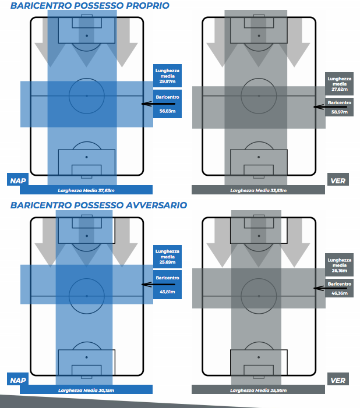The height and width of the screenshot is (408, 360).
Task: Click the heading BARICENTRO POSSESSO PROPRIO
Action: [x=90, y=6]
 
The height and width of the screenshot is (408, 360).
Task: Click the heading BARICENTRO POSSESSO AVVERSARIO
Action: [x=98, y=205]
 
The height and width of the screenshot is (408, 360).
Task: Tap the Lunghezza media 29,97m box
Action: [x=167, y=76]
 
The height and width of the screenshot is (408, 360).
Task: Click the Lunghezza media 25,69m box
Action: [x=167, y=257]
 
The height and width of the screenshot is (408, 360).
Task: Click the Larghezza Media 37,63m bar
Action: [x=86, y=190]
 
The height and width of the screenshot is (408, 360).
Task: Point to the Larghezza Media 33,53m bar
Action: [x=258, y=190]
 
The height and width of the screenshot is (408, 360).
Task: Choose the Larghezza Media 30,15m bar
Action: [x=86, y=389]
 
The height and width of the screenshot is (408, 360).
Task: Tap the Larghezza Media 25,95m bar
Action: [x=258, y=389]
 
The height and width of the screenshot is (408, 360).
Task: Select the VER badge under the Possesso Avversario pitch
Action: [x=338, y=381]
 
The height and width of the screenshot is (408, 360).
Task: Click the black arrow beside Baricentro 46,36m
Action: [x=325, y=286]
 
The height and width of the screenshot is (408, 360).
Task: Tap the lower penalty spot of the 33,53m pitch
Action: [x=259, y=157]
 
